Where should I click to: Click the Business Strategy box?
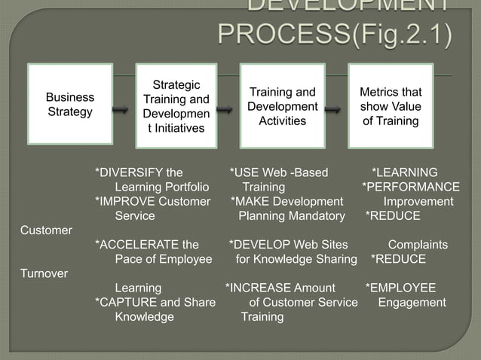click(70, 105)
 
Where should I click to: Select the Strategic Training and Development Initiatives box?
click(176, 105)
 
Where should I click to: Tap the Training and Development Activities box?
click(283, 105)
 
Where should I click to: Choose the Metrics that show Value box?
click(390, 105)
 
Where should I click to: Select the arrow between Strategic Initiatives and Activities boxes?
click(225, 111)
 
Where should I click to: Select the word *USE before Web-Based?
click(245, 172)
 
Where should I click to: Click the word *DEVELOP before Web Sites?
click(258, 245)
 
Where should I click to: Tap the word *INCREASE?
click(259, 288)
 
